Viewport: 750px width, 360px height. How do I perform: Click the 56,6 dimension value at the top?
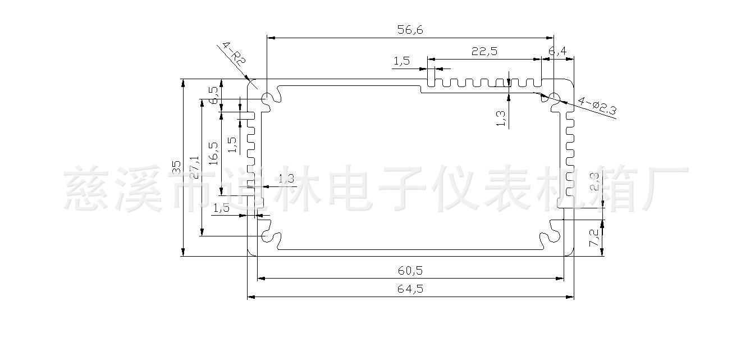click(410, 30)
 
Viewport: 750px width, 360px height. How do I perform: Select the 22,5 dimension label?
click(484, 51)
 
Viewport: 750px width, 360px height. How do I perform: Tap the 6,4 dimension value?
click(558, 51)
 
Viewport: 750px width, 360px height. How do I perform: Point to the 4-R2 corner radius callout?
click(235, 53)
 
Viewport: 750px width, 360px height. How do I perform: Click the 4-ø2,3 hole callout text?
click(597, 106)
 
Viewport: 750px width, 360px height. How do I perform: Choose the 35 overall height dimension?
click(176, 167)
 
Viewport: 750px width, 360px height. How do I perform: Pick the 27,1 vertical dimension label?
click(195, 167)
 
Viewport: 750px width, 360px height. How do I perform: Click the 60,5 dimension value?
click(410, 270)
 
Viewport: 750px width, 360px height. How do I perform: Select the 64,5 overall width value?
click(410, 289)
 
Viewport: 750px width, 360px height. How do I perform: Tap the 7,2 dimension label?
click(594, 238)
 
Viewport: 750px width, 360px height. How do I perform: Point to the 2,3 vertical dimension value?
click(594, 182)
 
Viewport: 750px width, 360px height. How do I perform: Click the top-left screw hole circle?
click(267, 98)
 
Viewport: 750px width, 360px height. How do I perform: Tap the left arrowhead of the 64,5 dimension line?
click(251, 297)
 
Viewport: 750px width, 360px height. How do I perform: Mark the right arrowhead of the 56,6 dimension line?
click(550, 38)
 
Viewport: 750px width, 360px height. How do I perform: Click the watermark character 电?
click(350, 188)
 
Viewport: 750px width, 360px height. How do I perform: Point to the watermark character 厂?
click(665, 188)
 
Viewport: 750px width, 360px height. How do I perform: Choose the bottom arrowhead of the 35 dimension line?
click(183, 252)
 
